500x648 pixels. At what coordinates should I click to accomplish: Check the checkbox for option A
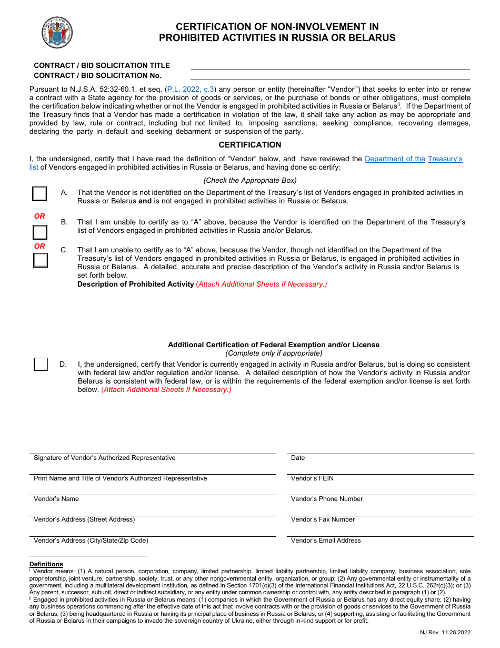pyautogui.click(x=40, y=194)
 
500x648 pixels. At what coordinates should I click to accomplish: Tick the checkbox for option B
pyautogui.click(x=40, y=232)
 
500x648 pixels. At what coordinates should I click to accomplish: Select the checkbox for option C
pyautogui.click(x=41, y=260)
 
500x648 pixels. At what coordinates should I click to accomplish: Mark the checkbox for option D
pyautogui.click(x=41, y=364)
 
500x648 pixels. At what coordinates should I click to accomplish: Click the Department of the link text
pyautogui.click(x=395, y=159)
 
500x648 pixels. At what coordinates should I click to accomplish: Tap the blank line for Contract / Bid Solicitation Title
pyautogui.click(x=329, y=66)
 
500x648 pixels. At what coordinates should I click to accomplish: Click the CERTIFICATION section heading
pyautogui.click(x=250, y=145)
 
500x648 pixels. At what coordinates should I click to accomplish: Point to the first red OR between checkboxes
pyautogui.click(x=40, y=216)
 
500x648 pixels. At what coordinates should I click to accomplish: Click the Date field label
pyautogui.click(x=298, y=458)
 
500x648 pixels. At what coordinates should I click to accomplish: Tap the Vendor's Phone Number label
pyautogui.click(x=327, y=499)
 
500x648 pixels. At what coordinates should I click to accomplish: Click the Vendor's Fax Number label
pyautogui.click(x=323, y=519)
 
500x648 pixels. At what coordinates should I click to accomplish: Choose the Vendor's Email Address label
pyautogui.click(x=326, y=541)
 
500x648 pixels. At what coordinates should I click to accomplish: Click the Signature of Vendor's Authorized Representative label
pyautogui.click(x=105, y=458)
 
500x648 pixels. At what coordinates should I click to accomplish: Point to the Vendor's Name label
pyautogui.click(x=56, y=499)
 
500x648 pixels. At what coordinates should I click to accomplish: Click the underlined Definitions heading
pyautogui.click(x=46, y=564)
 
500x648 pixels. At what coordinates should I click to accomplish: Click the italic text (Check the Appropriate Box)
pyautogui.click(x=250, y=180)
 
